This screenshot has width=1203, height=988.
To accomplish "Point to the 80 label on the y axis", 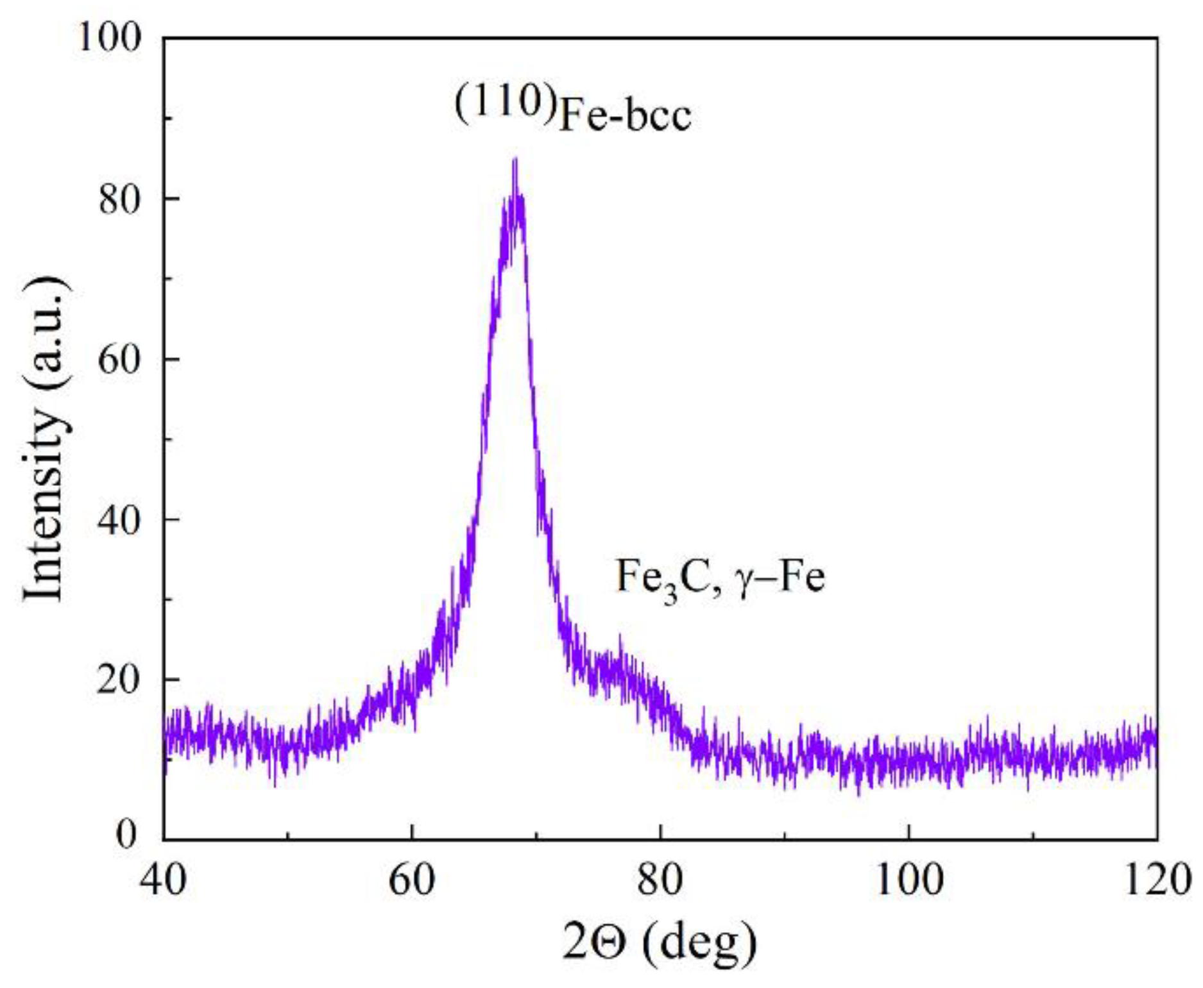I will (119, 199).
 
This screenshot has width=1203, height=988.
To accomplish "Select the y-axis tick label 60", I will (119, 359).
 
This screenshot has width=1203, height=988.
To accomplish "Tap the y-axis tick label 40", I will (119, 519).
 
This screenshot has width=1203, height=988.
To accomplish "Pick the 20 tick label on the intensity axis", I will (119, 680).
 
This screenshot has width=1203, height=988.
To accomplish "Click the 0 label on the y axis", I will (128, 834).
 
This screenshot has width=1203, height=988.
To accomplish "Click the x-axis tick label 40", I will (164, 880).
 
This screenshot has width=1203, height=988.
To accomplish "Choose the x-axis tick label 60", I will (412, 880).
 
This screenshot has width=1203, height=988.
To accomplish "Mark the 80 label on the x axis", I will (660, 880).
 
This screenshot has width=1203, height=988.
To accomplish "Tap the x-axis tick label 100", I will (909, 880).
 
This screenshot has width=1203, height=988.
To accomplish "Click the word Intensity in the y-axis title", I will (45, 507).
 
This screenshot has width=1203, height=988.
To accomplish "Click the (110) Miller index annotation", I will (505, 101).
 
